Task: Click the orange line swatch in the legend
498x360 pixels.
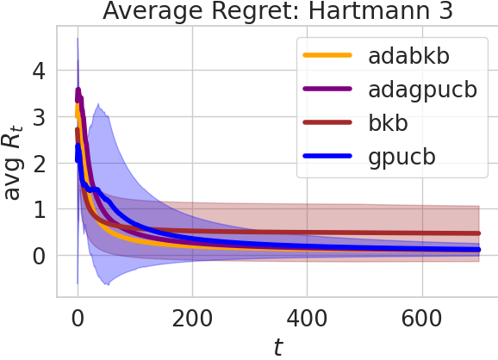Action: click(327, 57)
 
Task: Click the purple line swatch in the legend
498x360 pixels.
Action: click(327, 90)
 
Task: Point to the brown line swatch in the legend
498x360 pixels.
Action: click(327, 123)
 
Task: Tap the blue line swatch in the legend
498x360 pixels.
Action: click(327, 156)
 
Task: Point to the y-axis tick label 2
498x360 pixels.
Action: click(37, 163)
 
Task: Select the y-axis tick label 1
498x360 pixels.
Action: click(37, 209)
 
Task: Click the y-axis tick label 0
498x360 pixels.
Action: click(37, 256)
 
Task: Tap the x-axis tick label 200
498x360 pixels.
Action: click(192, 317)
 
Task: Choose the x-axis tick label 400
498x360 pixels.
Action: click(307, 317)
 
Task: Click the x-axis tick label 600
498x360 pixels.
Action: click(420, 317)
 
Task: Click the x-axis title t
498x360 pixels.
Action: click(277, 346)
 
